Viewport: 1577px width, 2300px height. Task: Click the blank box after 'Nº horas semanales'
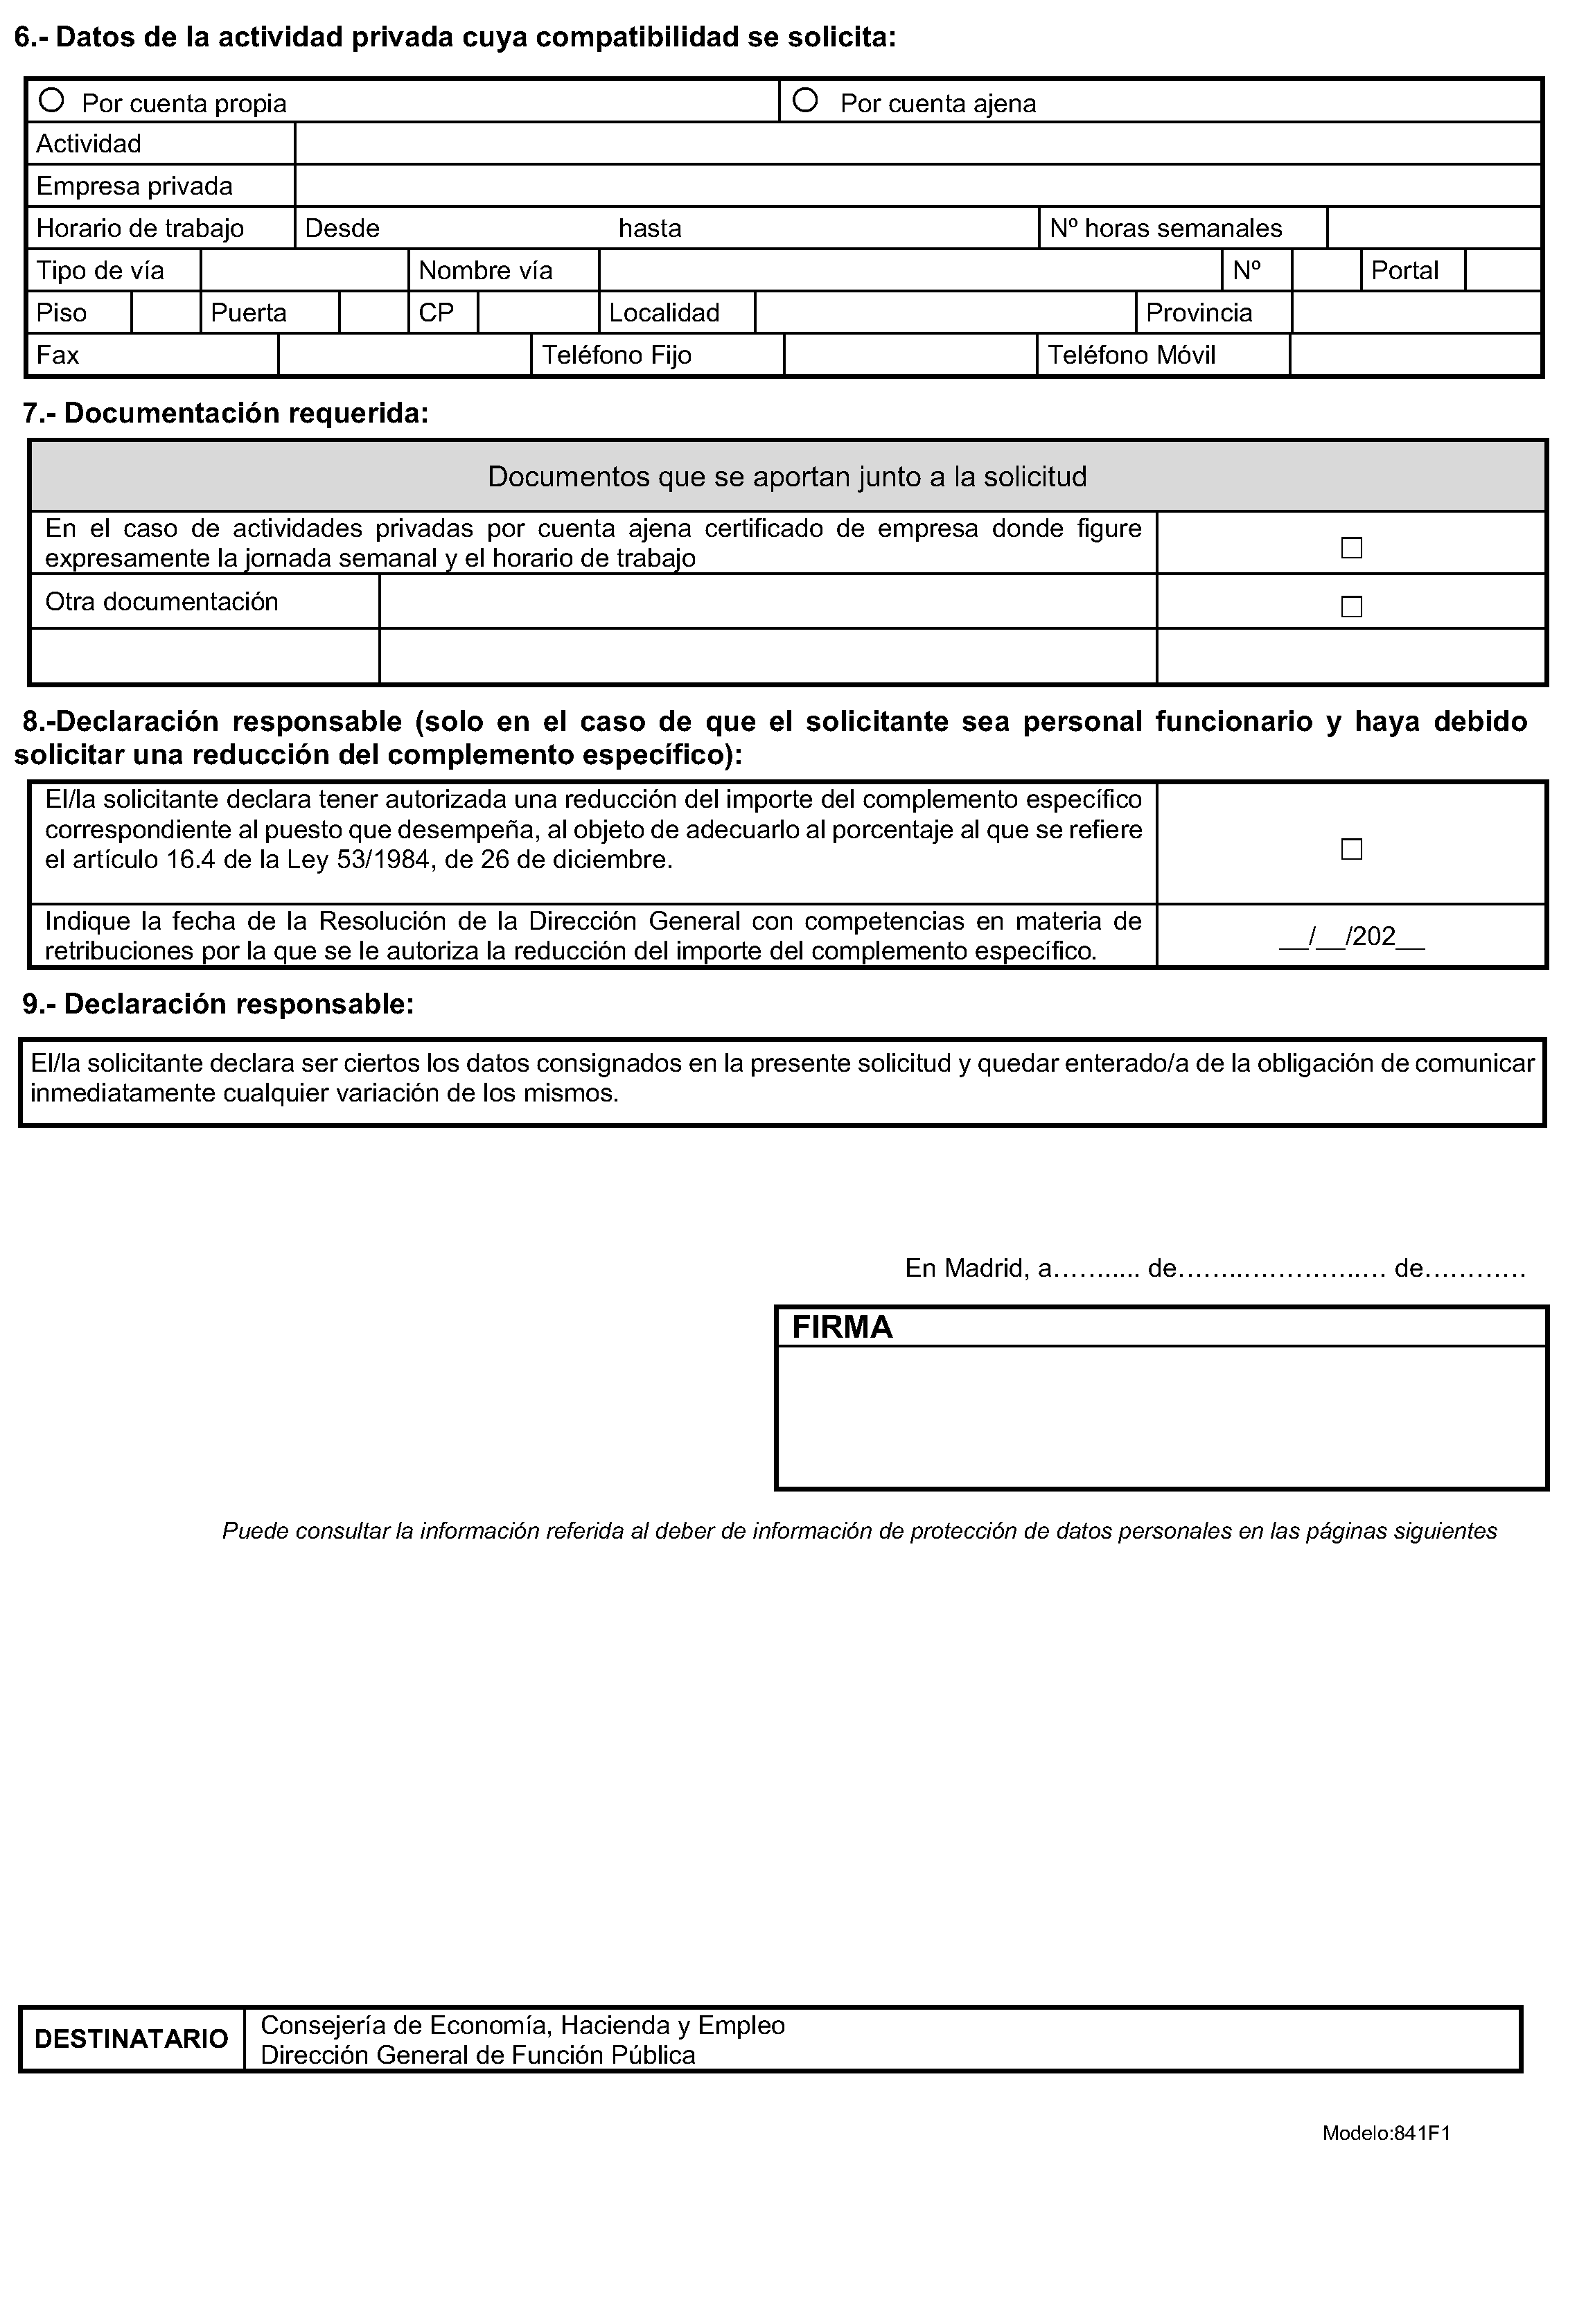click(x=1434, y=229)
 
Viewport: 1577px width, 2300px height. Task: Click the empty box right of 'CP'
click(x=538, y=312)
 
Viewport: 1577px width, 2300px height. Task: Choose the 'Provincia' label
click(x=1199, y=312)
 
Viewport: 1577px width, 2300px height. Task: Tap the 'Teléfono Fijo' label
click(x=617, y=355)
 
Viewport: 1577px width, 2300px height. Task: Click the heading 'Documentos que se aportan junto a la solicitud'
click(x=787, y=477)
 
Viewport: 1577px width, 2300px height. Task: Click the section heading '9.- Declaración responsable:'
click(x=218, y=1005)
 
